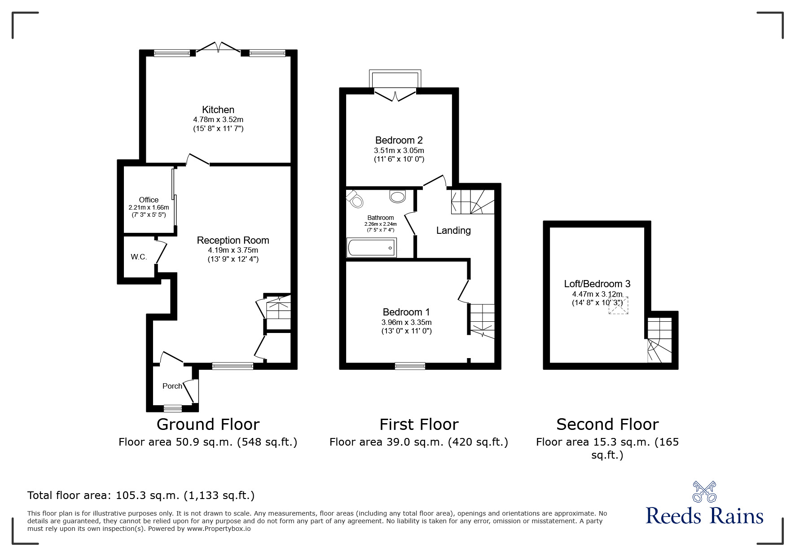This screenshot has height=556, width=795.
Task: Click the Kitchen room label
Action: (218, 110)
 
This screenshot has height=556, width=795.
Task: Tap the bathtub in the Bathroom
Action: (371, 248)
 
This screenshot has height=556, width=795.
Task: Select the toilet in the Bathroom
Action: (355, 199)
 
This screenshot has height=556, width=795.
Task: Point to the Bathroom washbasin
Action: (398, 196)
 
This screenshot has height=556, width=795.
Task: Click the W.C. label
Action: (139, 257)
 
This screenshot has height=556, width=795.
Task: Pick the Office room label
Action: (149, 200)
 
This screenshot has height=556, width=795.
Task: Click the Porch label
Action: (172, 386)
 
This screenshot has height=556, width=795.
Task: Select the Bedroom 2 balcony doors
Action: (395, 96)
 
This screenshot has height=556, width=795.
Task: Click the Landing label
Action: (453, 231)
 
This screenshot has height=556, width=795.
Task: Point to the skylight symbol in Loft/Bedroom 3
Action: (618, 306)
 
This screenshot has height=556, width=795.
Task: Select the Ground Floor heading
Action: (208, 425)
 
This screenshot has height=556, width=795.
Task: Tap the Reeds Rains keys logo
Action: (704, 492)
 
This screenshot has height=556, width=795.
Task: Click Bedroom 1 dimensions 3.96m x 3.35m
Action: (406, 323)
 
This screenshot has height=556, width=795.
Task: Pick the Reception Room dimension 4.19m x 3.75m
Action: (233, 250)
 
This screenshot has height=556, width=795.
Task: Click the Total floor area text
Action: (141, 495)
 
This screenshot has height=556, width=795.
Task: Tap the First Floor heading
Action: (418, 425)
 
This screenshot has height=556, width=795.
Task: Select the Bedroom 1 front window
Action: (410, 366)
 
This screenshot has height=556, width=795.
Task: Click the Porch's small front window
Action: (172, 408)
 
